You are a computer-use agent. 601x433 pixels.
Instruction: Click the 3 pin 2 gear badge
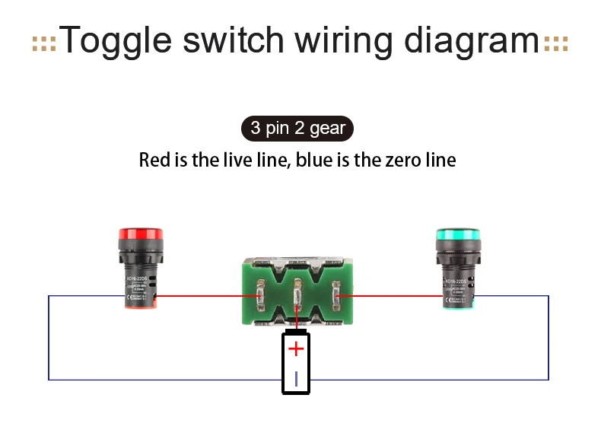[297, 129]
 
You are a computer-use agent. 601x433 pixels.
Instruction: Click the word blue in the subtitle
[313, 161]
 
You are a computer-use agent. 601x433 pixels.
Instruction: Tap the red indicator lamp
[140, 269]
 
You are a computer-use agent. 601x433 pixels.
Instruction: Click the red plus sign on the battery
[296, 349]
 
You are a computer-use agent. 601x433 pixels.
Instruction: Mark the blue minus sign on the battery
[296, 377]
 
